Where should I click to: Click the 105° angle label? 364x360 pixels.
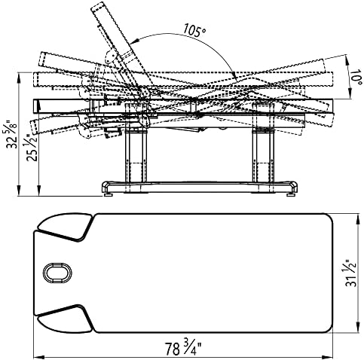click(x=194, y=29)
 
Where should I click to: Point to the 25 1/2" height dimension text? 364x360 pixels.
click(x=32, y=148)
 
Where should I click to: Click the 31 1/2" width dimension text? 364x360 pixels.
click(x=351, y=273)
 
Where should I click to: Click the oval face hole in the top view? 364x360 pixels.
click(x=57, y=273)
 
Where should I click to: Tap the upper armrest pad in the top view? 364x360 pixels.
click(x=64, y=226)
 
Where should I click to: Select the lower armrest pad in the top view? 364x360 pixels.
click(x=64, y=319)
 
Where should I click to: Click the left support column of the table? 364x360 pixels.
click(x=136, y=156)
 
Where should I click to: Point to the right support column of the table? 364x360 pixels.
click(x=264, y=156)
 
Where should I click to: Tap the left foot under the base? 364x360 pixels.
click(x=109, y=194)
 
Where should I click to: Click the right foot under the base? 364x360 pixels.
click(x=291, y=194)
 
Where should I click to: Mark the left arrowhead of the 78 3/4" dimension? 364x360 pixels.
click(x=37, y=357)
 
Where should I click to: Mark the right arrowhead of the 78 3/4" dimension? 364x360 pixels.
click(x=329, y=357)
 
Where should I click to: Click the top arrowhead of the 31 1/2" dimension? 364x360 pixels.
click(x=357, y=218)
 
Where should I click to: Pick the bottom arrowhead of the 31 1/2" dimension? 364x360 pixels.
click(x=357, y=329)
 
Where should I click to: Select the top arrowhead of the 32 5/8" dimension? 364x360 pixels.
click(x=19, y=77)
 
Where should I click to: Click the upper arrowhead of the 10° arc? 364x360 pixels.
click(x=347, y=59)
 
